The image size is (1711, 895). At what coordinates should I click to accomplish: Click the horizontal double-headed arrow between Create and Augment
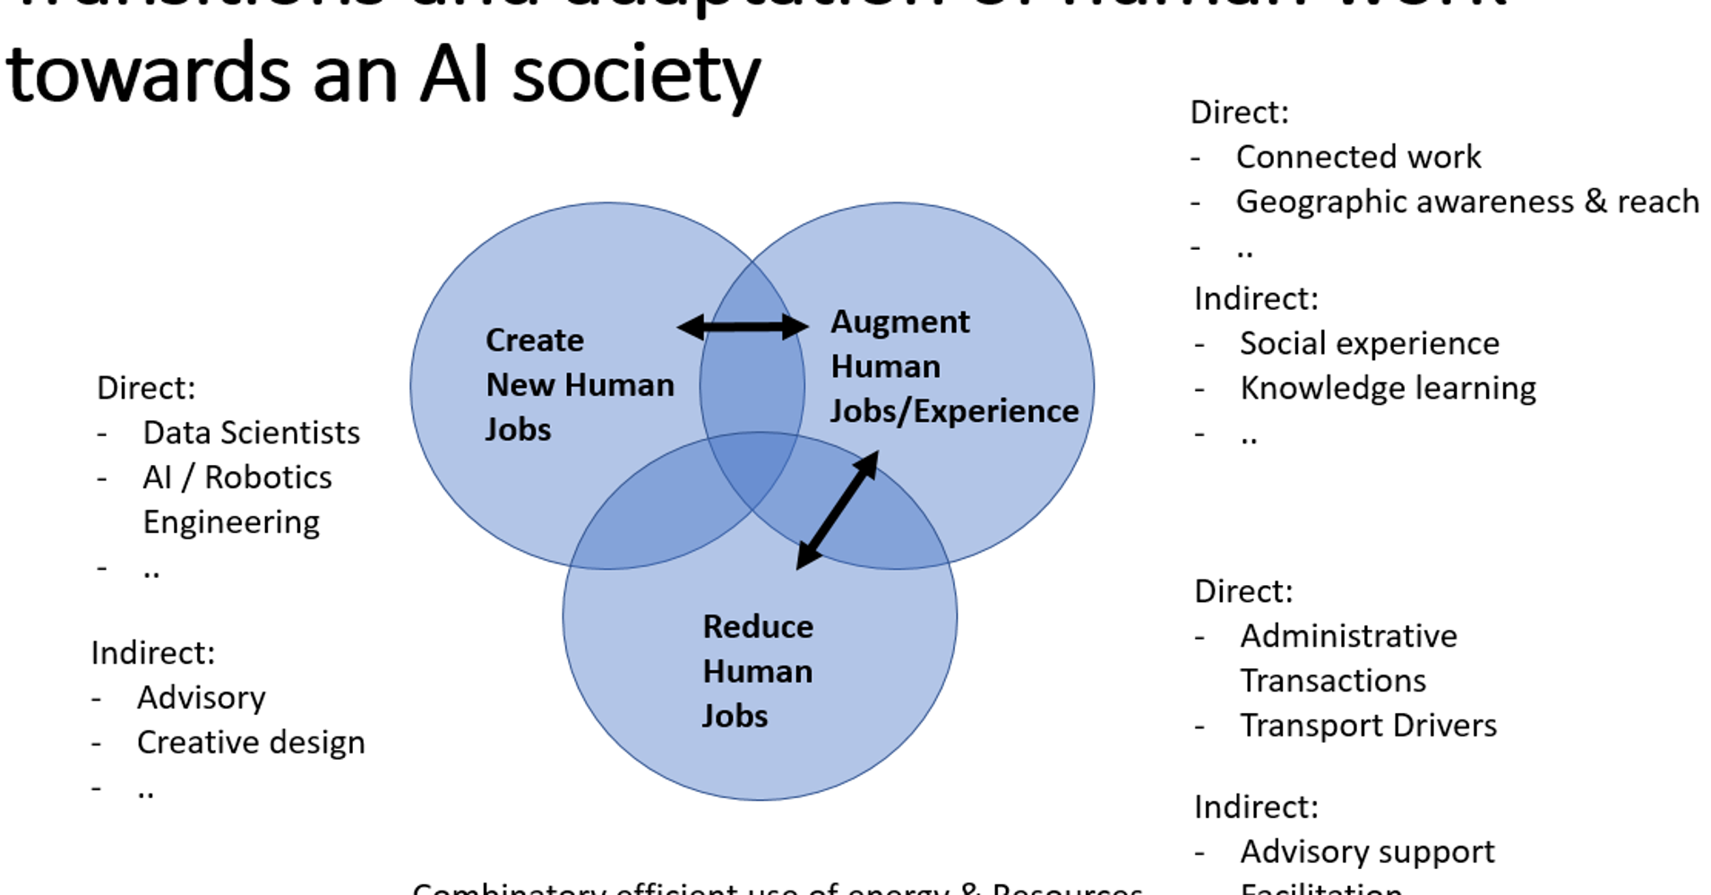[x=743, y=327]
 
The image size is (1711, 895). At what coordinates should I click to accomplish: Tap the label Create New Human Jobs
[x=579, y=384]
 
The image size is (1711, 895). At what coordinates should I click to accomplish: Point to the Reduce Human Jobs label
[x=757, y=671]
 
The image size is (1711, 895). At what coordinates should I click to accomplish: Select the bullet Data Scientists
[x=251, y=433]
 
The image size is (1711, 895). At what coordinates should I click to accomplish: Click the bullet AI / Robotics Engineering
[x=236, y=499]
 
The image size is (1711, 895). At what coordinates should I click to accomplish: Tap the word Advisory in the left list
[x=201, y=698]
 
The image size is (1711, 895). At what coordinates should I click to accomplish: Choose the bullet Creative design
[x=250, y=743]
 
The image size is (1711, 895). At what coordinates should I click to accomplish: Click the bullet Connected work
[x=1358, y=157]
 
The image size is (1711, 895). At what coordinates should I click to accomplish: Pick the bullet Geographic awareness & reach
[x=1466, y=202]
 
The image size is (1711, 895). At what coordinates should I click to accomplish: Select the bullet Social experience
[x=1369, y=343]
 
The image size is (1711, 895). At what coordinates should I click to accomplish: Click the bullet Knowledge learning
[x=1388, y=388]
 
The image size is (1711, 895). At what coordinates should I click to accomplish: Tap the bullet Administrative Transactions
[x=1347, y=658]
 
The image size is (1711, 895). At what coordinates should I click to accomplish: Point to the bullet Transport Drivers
[x=1368, y=726]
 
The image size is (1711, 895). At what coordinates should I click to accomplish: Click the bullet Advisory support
[x=1367, y=852]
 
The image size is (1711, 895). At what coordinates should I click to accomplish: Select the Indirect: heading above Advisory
[x=153, y=653]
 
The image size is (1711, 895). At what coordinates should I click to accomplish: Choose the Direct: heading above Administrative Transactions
[x=1243, y=591]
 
